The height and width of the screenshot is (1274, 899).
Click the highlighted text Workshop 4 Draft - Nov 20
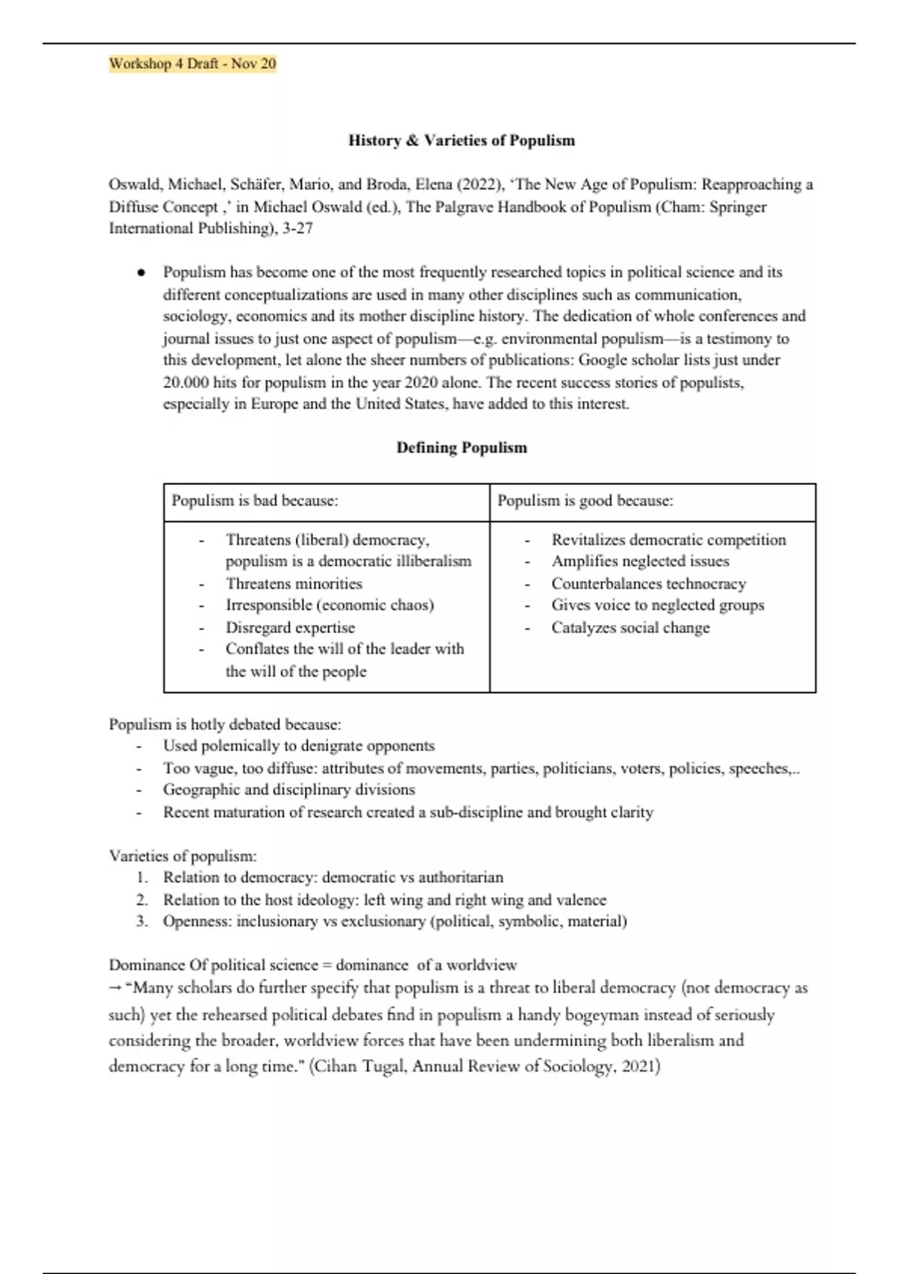193,64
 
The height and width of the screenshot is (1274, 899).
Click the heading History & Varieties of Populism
461,140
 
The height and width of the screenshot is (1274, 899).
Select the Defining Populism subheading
461,447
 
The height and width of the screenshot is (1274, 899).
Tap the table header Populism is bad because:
255,501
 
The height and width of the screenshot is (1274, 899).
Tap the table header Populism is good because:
585,501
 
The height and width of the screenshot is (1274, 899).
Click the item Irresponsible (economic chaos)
330,605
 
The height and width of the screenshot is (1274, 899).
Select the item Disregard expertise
290,627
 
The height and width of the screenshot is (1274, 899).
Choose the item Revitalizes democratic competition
668,540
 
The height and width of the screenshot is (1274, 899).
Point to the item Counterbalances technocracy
648,583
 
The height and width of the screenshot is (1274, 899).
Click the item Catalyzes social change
630,627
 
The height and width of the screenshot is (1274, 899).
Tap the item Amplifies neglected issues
640,561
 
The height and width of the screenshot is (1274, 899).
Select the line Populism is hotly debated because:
225,724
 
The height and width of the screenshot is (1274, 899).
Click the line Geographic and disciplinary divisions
288,789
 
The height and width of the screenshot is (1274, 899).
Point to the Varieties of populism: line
183,855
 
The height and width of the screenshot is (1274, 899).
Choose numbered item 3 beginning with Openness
394,921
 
